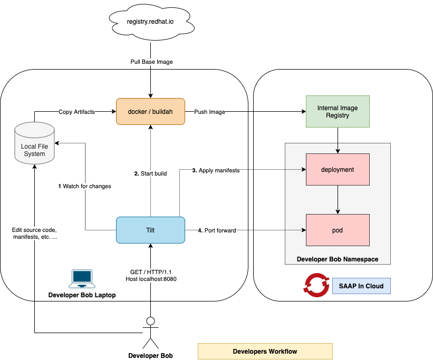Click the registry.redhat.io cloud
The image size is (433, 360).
150,22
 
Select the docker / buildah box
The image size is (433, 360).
150,112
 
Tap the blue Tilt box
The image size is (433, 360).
150,230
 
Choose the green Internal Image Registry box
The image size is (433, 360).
338,112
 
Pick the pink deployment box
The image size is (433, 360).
338,170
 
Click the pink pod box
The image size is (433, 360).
338,230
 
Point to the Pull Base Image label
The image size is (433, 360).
151,62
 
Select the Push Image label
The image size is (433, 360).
210,112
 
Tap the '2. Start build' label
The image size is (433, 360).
150,173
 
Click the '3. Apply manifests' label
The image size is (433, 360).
215,170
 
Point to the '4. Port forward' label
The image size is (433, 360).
216,230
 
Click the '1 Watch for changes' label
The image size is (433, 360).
84,186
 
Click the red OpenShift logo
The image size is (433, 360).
315,285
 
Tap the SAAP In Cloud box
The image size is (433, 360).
361,286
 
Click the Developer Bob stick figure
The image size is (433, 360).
151,333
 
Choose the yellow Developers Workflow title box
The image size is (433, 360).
265,351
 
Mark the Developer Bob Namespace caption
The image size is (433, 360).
338,259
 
